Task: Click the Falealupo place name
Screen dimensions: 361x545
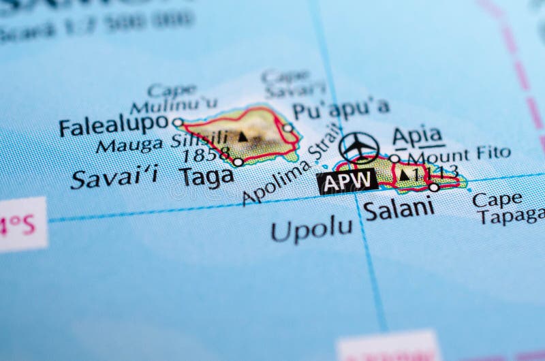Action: pyautogui.click(x=113, y=125)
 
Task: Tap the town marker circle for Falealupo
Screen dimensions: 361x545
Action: pyautogui.click(x=178, y=123)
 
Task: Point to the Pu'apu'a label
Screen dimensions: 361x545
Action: pyautogui.click(x=341, y=108)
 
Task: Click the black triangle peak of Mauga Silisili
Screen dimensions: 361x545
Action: pyautogui.click(x=243, y=137)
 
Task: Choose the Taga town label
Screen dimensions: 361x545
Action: pyautogui.click(x=206, y=176)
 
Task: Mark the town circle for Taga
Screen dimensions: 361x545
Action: pyautogui.click(x=238, y=162)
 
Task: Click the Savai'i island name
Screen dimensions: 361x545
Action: pyautogui.click(x=114, y=177)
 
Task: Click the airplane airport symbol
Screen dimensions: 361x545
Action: pyautogui.click(x=359, y=146)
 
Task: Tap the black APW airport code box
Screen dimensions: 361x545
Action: pyautogui.click(x=347, y=181)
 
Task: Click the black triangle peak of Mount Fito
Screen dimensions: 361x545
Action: pyautogui.click(x=404, y=175)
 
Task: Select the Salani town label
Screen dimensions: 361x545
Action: pyautogui.click(x=399, y=208)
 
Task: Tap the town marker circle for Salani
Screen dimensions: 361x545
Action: pyautogui.click(x=433, y=187)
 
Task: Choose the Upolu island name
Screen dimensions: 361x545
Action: pyautogui.click(x=312, y=230)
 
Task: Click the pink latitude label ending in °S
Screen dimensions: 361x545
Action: pyautogui.click(x=23, y=225)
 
